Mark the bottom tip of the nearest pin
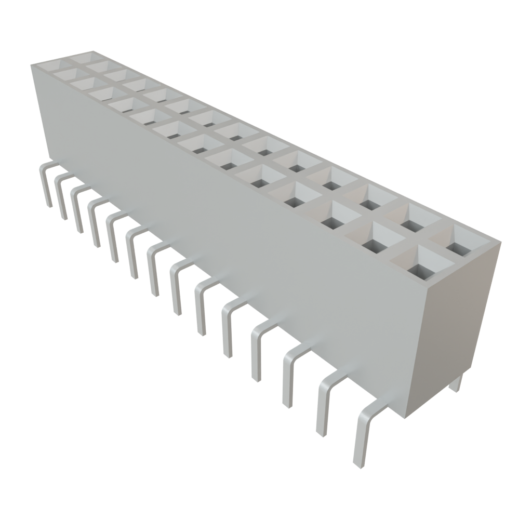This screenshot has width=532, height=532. coord(358,464)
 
